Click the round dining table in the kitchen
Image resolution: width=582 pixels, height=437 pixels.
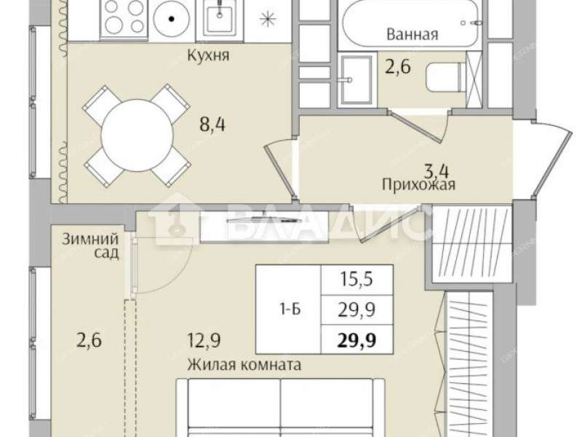[137, 135]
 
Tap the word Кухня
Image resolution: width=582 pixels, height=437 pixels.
[208, 55]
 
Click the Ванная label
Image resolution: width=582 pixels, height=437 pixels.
[412, 34]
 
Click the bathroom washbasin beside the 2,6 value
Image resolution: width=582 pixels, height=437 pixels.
[356, 79]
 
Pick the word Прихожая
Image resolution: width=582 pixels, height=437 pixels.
[418, 184]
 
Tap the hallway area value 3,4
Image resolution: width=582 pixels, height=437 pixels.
[436, 171]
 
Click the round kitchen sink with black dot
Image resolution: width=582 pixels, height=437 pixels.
[171, 18]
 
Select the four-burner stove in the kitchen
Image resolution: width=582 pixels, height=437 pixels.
[124, 17]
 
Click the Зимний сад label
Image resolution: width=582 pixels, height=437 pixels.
[90, 245]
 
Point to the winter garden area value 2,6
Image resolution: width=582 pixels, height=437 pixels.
[89, 340]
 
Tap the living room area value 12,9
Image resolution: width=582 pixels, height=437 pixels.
[204, 340]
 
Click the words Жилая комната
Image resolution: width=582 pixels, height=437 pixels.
[244, 365]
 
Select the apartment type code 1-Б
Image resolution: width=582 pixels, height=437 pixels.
[290, 309]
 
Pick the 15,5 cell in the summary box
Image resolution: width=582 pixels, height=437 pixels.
[356, 279]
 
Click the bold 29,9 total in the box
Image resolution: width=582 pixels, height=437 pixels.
[356, 339]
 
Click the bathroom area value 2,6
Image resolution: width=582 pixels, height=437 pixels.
[397, 67]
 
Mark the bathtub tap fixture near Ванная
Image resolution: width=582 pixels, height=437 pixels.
[471, 23]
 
